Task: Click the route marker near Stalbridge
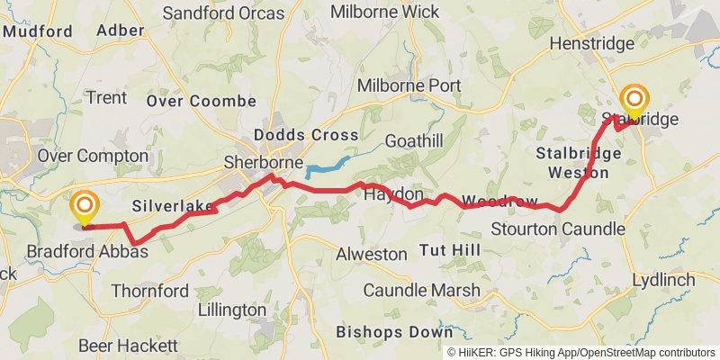tap(635, 100)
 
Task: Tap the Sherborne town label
tap(263, 163)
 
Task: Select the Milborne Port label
tap(409, 86)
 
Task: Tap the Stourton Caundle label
tap(558, 229)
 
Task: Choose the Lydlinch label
tap(663, 280)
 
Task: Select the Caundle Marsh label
tap(421, 291)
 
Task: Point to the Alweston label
tap(371, 254)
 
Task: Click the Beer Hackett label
tap(128, 346)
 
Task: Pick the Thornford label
tap(150, 291)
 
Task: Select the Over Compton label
tap(93, 156)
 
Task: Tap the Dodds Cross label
tap(306, 135)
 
